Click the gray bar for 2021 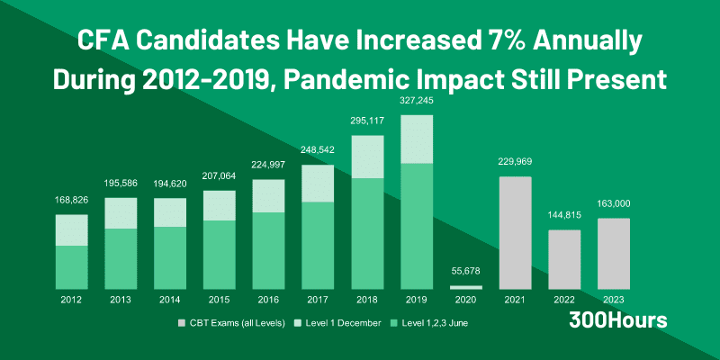[x=515, y=232]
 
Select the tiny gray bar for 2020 [x=466, y=287]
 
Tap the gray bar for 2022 [x=564, y=259]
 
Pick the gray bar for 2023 [x=613, y=253]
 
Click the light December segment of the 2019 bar [x=417, y=139]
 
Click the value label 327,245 [x=417, y=103]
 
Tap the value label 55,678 [x=466, y=272]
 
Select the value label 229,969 [x=515, y=162]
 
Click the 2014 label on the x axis [x=172, y=299]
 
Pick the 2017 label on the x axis [x=319, y=299]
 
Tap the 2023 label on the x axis [x=613, y=299]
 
